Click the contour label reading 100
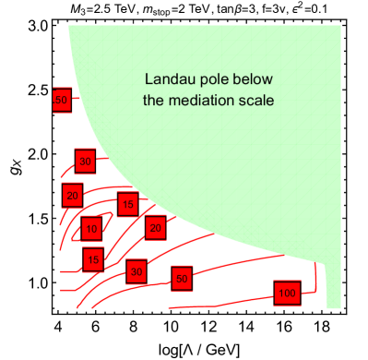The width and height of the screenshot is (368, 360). pyautogui.click(x=287, y=293)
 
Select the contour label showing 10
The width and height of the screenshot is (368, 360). pyautogui.click(x=90, y=228)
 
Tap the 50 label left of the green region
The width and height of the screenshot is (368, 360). pyautogui.click(x=62, y=100)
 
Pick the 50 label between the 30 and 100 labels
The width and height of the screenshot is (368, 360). pyautogui.click(x=182, y=278)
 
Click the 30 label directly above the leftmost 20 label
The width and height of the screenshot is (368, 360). pyautogui.click(x=85, y=162)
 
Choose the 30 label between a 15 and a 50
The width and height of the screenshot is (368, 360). pyautogui.click(x=137, y=271)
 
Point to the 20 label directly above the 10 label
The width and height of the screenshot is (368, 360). pyautogui.click(x=73, y=195)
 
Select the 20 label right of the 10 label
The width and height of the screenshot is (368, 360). pyautogui.click(x=155, y=227)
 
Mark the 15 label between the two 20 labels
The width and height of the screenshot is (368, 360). pyautogui.click(x=127, y=203)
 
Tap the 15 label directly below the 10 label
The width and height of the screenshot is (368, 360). pyautogui.click(x=93, y=259)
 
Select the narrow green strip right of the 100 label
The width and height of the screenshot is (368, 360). pyautogui.click(x=333, y=286)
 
